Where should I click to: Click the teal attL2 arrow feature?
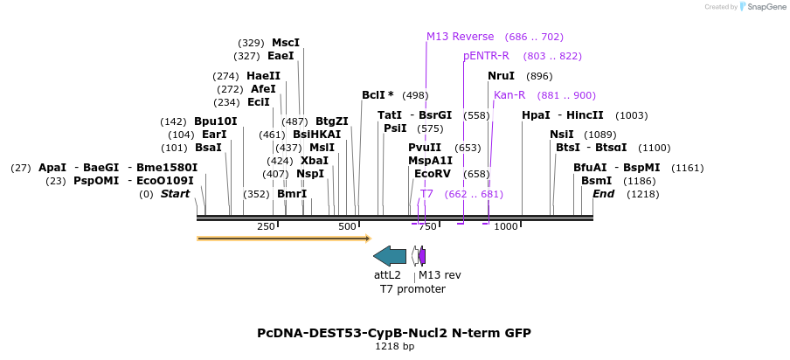[390, 256]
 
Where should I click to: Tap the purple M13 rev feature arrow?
[422, 256]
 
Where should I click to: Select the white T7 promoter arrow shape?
[414, 256]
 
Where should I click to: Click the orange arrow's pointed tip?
[371, 239]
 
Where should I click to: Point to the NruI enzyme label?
[501, 76]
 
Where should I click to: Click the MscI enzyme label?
[286, 43]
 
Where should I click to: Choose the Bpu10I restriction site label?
[216, 121]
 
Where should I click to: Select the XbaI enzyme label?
[315, 161]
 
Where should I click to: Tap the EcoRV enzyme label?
[433, 174]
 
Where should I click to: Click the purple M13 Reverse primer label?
[460, 37]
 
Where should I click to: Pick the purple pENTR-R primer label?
[486, 56]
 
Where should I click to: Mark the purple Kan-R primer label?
[509, 95]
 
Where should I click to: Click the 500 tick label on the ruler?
[347, 226]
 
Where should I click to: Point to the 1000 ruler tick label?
[506, 226]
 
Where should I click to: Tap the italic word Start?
[176, 194]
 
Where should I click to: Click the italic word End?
[603, 194]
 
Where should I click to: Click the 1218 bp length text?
[395, 346]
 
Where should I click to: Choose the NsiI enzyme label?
[562, 135]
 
